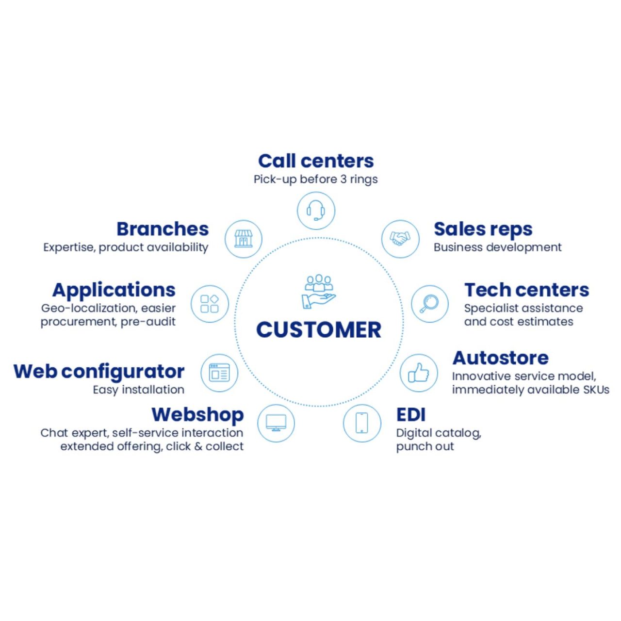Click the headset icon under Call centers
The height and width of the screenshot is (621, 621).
pyautogui.click(x=316, y=211)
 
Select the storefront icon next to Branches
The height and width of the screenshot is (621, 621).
pyautogui.click(x=244, y=239)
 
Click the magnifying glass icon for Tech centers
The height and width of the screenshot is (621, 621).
pyautogui.click(x=430, y=304)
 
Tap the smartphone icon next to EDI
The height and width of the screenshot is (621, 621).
pyautogui.click(x=362, y=423)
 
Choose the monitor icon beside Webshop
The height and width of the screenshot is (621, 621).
pyautogui.click(x=276, y=423)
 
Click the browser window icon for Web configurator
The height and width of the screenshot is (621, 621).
pyautogui.click(x=219, y=373)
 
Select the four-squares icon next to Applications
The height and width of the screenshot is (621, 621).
pyautogui.click(x=210, y=304)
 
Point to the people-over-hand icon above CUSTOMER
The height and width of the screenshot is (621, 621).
pyautogui.click(x=318, y=291)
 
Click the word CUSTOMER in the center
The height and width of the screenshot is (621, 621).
pyautogui.click(x=319, y=330)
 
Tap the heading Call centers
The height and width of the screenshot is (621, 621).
pyautogui.click(x=316, y=161)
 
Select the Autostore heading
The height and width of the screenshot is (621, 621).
pyautogui.click(x=500, y=358)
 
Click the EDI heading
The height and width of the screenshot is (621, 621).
pyautogui.click(x=411, y=415)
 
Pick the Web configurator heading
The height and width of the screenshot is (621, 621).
pyautogui.click(x=99, y=372)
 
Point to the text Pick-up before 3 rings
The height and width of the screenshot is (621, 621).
pyautogui.click(x=315, y=180)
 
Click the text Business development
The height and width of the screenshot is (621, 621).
pyautogui.click(x=497, y=247)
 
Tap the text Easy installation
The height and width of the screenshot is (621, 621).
pyautogui.click(x=139, y=390)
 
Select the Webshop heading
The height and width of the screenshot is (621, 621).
pyautogui.click(x=197, y=415)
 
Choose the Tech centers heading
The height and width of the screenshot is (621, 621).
pyautogui.click(x=526, y=290)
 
